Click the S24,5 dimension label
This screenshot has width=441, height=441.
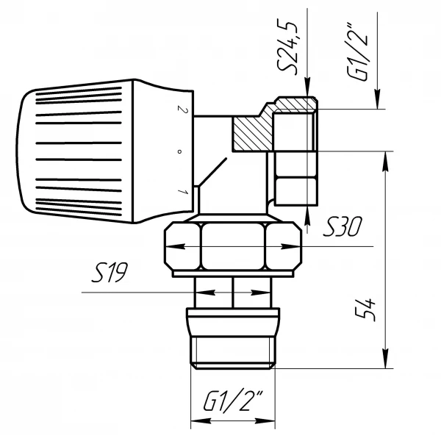tap(287, 47)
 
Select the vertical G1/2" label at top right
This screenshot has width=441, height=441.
tap(357, 51)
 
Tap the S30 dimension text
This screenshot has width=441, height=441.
tap(343, 226)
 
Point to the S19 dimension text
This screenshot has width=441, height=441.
tap(110, 272)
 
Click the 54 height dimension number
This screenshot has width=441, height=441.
tap(365, 309)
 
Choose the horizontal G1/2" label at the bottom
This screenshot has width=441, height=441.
tap(233, 401)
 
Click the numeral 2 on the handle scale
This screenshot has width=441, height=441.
tap(182, 109)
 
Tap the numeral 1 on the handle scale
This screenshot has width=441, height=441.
tap(183, 192)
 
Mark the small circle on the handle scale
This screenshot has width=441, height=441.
tap(179, 152)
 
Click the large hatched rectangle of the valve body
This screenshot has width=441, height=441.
tap(251, 134)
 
